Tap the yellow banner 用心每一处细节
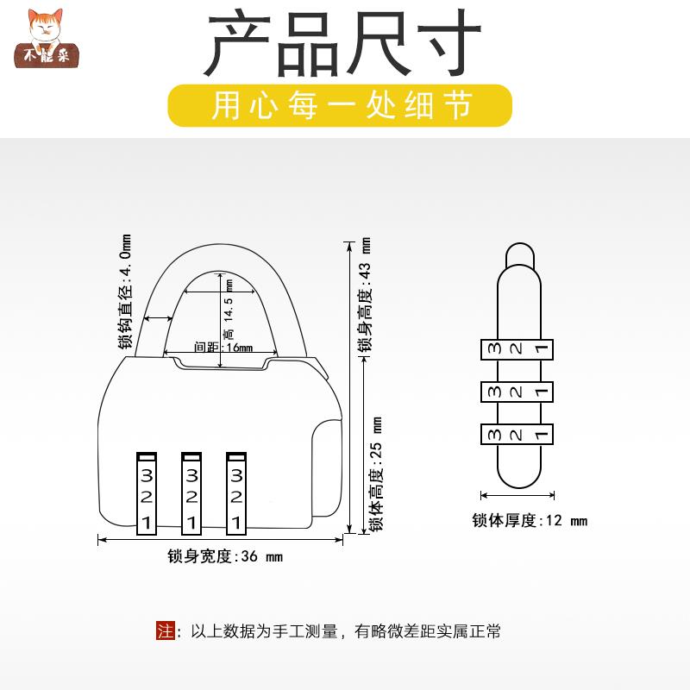[x=342, y=106]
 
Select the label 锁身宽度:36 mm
[x=225, y=557]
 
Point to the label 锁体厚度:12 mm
[x=529, y=520]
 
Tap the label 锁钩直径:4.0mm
[x=125, y=292]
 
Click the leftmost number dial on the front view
[x=147, y=493]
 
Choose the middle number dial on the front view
[x=191, y=493]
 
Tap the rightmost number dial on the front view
[x=235, y=493]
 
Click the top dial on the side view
[x=516, y=349]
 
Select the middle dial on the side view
[x=516, y=392]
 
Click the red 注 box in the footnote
[x=165, y=630]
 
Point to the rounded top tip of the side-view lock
[x=517, y=251]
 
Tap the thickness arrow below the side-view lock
[x=517, y=496]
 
